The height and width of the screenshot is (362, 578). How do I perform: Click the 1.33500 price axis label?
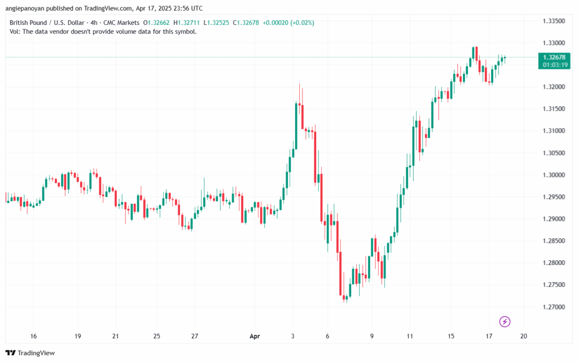click(x=554, y=21)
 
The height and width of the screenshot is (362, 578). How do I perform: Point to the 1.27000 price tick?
click(x=554, y=307)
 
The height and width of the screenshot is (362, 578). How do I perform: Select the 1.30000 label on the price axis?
click(x=554, y=175)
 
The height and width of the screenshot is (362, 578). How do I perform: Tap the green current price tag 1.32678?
click(x=554, y=57)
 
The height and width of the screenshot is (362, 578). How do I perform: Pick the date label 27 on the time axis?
click(x=195, y=336)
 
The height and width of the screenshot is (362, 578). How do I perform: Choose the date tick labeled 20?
click(x=523, y=336)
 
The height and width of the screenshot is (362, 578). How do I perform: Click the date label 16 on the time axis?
click(x=34, y=336)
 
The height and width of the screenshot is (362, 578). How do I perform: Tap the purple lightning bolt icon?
click(x=505, y=321)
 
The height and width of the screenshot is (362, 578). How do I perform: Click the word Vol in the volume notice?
click(x=15, y=32)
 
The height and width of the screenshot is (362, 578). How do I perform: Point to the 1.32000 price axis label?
click(x=554, y=86)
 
